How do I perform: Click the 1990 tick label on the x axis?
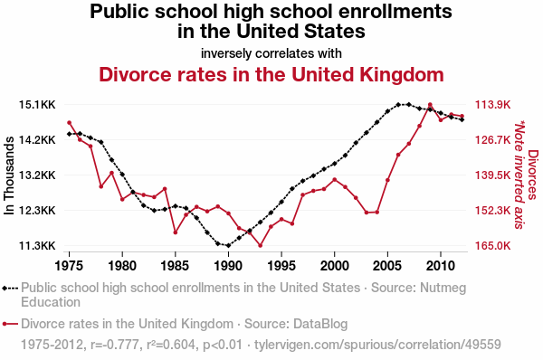pos(228,266)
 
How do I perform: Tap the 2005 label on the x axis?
pos(387,266)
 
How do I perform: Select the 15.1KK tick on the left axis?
pos(37,105)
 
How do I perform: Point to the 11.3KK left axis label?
pos(37,246)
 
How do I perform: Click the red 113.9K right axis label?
pos(493,105)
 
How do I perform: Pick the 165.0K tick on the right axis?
pos(493,246)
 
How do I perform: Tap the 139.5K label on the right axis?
pos(493,175)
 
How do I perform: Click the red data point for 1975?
pos(70,122)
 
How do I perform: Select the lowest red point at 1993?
pos(261,245)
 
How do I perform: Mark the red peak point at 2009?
pos(430,105)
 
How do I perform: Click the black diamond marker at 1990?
pos(228,245)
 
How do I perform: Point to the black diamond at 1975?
pos(70,134)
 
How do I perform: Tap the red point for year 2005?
pos(387,180)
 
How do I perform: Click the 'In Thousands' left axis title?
pos(9,175)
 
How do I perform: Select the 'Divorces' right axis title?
pos(533,175)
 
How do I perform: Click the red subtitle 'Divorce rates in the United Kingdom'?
pos(271,74)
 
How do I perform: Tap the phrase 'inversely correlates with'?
pos(271,53)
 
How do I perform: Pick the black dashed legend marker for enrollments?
pos(10,288)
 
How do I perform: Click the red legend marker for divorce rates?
pos(10,324)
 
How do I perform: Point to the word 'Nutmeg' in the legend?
pos(443,288)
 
